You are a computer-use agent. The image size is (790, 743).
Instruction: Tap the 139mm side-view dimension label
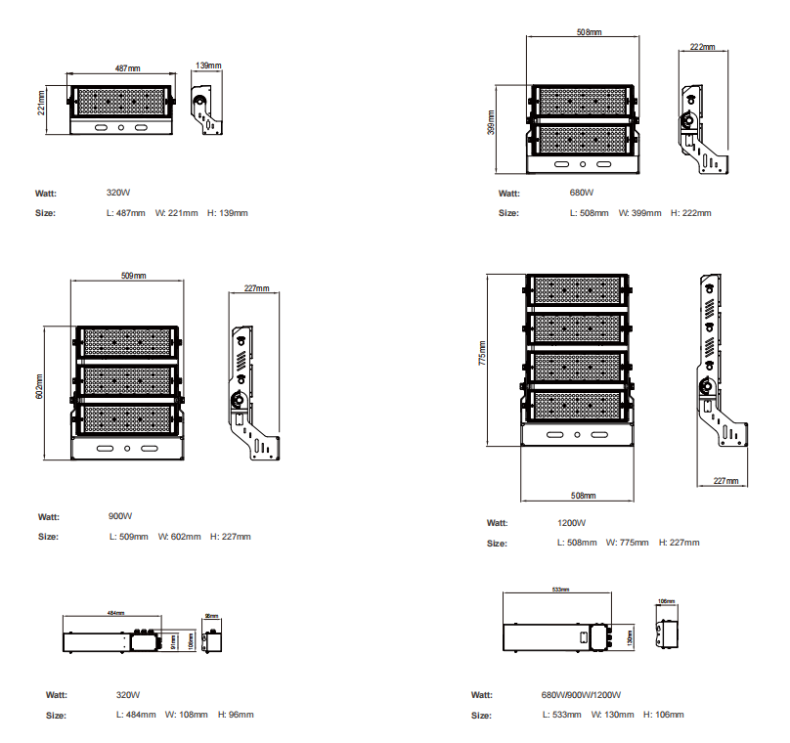(x=208, y=66)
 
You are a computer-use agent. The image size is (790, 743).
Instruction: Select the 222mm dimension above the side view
(x=702, y=47)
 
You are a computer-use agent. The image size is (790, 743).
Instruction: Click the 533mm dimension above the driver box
(x=560, y=590)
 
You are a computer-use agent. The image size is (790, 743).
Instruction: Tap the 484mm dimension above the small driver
(x=115, y=613)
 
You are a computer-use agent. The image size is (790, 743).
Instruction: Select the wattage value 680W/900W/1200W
(x=581, y=695)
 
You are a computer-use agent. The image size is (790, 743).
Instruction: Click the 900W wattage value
(x=120, y=516)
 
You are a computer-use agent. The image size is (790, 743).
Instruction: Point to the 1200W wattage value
(x=572, y=523)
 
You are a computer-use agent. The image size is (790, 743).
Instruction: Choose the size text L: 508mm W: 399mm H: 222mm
(x=640, y=213)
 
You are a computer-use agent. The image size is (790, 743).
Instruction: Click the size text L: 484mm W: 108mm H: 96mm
(x=184, y=715)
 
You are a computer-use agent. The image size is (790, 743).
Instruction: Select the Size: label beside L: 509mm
(x=48, y=537)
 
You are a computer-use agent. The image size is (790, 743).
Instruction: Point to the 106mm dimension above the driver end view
(x=667, y=601)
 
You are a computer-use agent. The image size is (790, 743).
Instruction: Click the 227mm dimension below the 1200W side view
(x=724, y=481)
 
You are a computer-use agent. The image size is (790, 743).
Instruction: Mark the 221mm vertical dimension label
(x=41, y=103)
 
